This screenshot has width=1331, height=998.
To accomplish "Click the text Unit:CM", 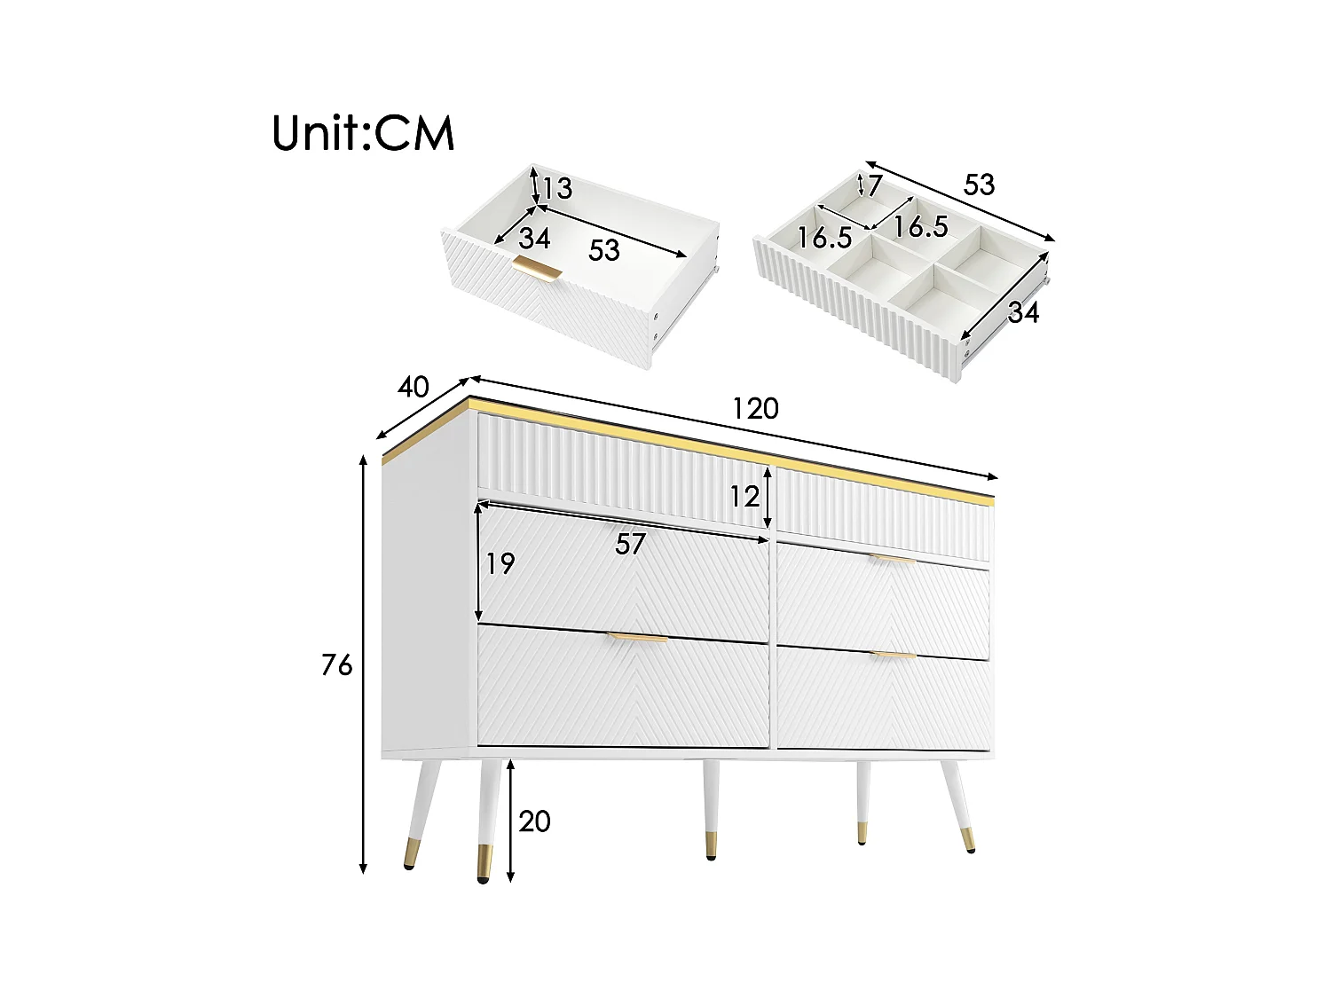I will point(363,133).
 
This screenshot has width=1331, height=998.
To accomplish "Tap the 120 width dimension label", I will point(755,408).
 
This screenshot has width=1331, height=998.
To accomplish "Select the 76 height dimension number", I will point(337,664).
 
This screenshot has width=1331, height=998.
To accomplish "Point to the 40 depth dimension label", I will point(413,387).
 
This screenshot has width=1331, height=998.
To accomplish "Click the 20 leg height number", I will point(534,821).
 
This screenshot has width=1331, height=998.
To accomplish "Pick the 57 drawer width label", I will point(630,544).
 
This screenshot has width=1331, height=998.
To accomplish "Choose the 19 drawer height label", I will point(500,563).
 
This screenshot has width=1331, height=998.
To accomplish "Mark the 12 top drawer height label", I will point(744,497).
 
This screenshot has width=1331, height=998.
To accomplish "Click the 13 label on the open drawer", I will point(557,189).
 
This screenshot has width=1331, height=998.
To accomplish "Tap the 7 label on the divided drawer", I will point(875,185).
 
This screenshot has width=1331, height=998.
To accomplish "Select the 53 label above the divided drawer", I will point(979,185).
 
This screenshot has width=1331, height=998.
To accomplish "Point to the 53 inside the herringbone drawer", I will point(603,250).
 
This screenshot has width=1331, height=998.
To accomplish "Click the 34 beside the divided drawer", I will point(1023,312).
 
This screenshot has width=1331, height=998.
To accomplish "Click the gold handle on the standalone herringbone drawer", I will point(537,269).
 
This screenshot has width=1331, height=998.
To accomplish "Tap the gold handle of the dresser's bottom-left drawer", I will point(637,638).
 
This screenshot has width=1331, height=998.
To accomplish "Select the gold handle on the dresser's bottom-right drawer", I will point(893,655).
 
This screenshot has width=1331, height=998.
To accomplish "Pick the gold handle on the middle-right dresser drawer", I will point(892,559).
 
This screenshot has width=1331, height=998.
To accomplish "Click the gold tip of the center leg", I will point(711,844).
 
